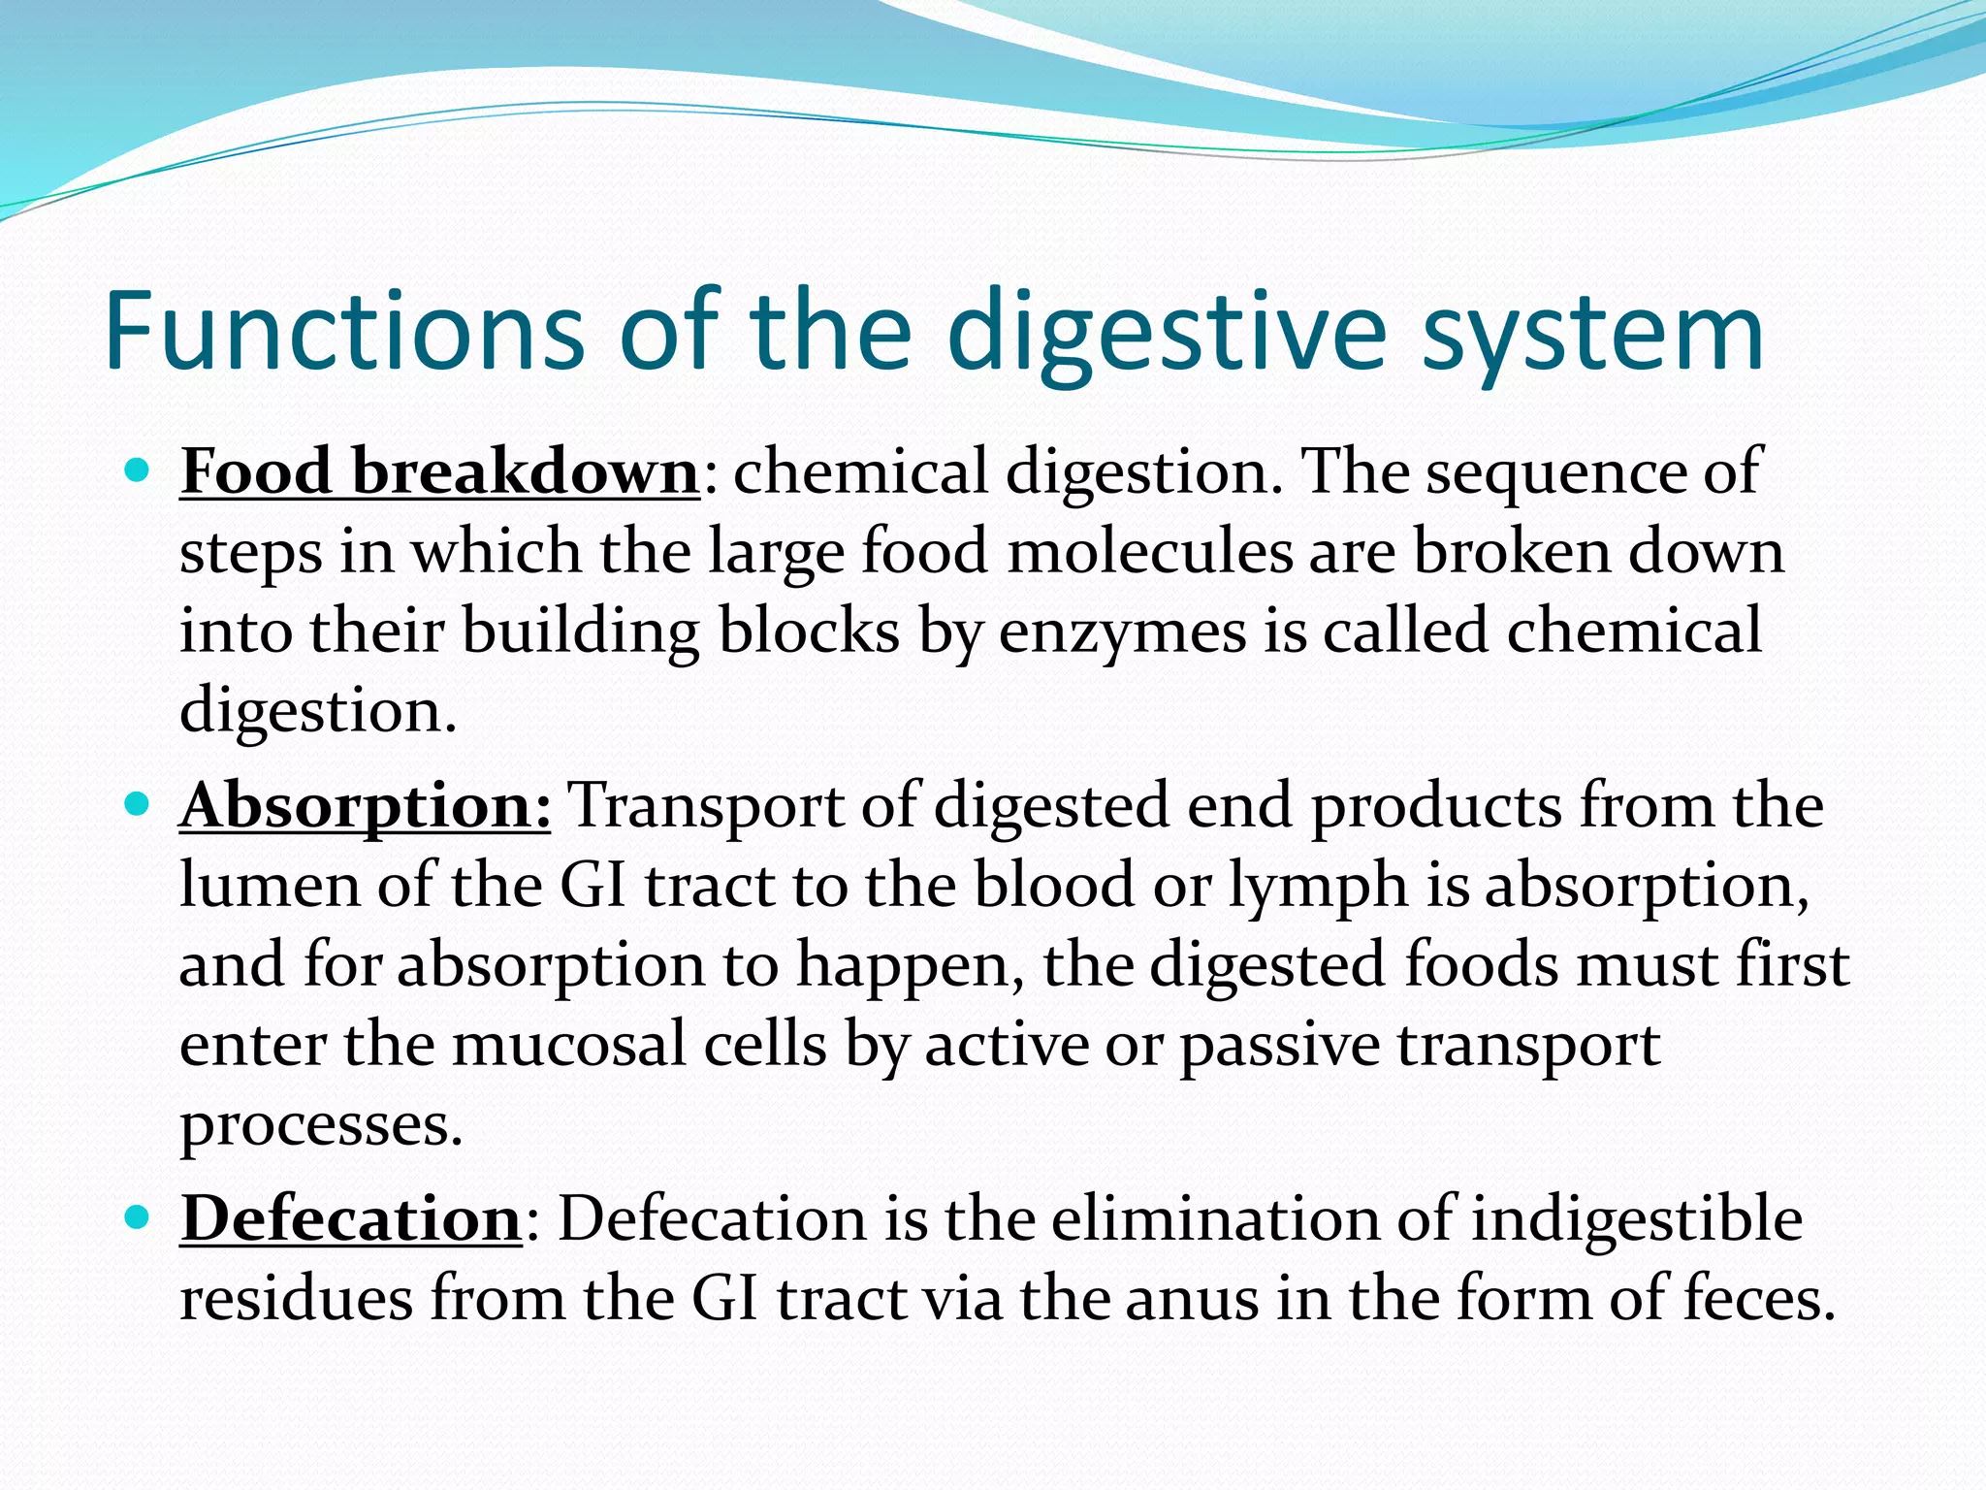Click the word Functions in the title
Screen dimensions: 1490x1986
click(x=344, y=332)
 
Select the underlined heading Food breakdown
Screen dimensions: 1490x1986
click(x=439, y=472)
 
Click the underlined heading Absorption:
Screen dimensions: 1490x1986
click(x=366, y=806)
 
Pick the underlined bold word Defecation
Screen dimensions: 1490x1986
click(x=352, y=1219)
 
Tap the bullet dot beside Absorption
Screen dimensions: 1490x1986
click(x=138, y=804)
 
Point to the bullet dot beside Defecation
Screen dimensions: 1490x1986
click(x=138, y=1216)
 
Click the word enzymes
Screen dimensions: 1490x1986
click(x=1122, y=633)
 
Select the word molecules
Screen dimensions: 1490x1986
click(x=1150, y=552)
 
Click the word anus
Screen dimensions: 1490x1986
click(x=1192, y=1299)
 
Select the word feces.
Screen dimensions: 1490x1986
click(x=1759, y=1299)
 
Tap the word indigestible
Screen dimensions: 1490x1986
click(x=1637, y=1219)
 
